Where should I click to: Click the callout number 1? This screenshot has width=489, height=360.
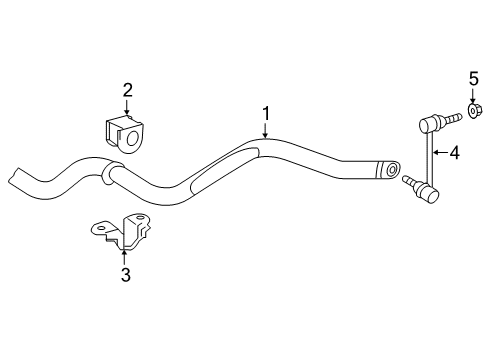[x=266, y=112]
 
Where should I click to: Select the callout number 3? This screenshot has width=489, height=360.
[x=124, y=275]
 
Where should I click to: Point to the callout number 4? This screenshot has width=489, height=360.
[x=455, y=153]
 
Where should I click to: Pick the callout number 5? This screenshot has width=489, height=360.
[x=474, y=78]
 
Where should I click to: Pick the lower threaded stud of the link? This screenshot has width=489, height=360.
[x=409, y=181]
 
